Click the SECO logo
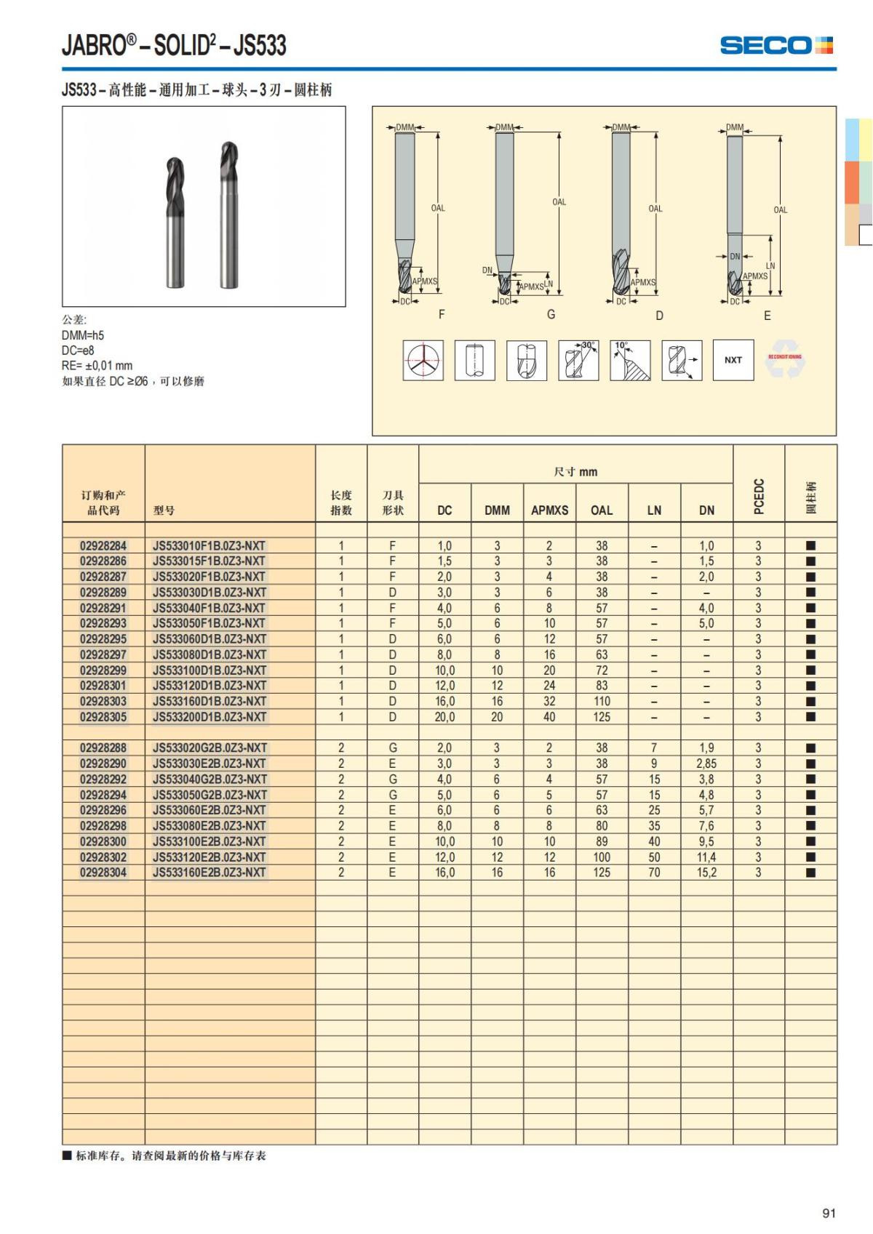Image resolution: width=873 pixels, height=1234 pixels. pos(776,45)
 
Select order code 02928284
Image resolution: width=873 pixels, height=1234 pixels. pos(103,545)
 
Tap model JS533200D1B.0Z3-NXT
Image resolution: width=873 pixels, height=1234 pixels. pos(210,717)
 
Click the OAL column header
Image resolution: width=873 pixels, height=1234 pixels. pos(602,510)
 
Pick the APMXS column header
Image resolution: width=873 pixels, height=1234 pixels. pos(549,510)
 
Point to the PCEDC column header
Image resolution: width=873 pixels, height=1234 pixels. pos(759,496)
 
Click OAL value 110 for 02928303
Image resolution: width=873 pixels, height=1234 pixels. pos(602,701)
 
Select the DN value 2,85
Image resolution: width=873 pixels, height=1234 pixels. pos(706,764)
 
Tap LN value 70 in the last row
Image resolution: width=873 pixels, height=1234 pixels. pos(654,873)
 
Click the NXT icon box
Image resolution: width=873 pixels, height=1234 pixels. pos(733,360)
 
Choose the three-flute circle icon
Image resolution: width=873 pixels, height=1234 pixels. pos(423,360)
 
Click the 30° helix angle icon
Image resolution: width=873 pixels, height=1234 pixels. pos(578,360)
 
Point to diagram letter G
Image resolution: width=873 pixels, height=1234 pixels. pos(551,314)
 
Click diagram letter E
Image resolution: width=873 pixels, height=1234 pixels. pos(767,316)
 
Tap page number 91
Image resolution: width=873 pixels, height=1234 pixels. pos(829,1213)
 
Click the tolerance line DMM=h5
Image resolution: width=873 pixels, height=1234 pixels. pos(83,335)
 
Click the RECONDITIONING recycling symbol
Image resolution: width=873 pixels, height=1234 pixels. pos(784,359)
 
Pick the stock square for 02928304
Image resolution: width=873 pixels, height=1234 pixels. pos(810,873)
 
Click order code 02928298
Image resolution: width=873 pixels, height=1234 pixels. pos(103,826)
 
